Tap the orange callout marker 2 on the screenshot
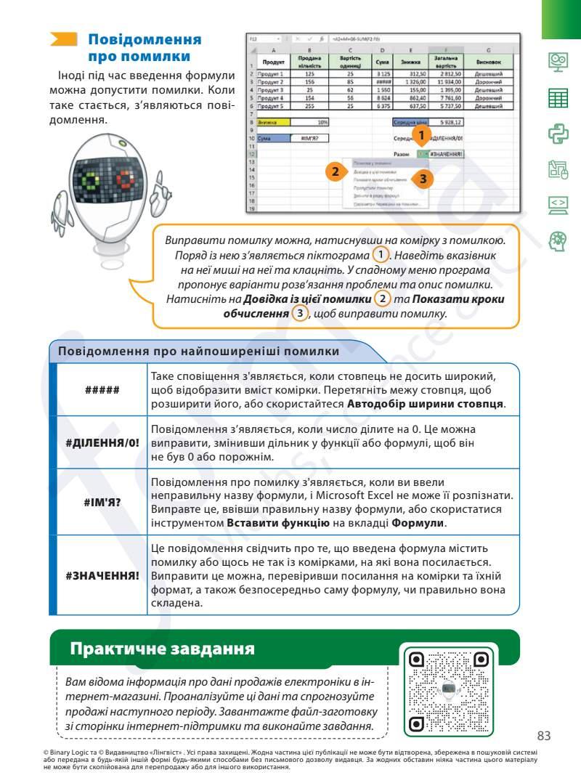pos(335,172)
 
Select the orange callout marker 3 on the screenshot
pos(424,177)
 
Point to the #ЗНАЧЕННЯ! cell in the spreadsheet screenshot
pos(447,154)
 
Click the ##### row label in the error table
pos(102,389)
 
